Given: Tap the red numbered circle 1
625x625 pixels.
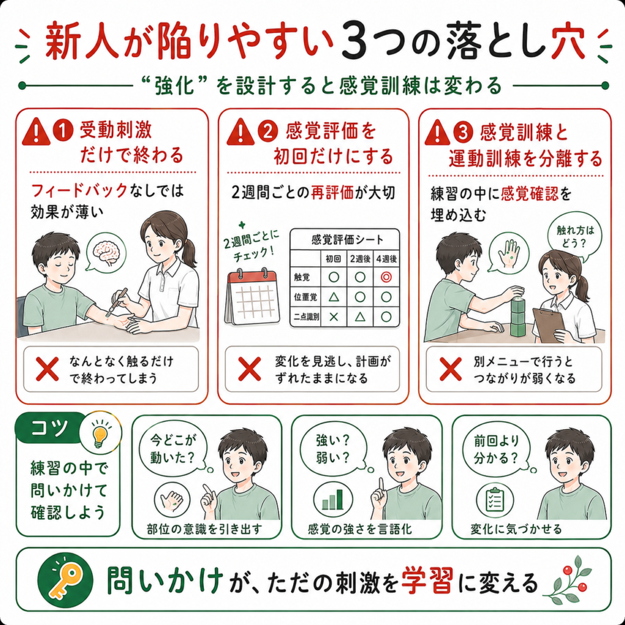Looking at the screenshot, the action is click(x=63, y=132).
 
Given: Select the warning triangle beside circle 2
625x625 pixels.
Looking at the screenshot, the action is click(x=240, y=132).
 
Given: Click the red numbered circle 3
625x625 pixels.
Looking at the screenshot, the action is click(x=463, y=132).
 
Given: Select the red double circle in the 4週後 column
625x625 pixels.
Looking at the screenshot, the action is click(x=386, y=277).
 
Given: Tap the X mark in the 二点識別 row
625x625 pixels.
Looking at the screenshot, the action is click(x=334, y=317).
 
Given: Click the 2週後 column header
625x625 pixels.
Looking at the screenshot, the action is click(x=360, y=259).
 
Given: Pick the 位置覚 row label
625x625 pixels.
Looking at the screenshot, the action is click(x=306, y=297).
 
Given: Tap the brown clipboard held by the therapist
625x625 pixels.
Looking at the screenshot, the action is click(x=549, y=325).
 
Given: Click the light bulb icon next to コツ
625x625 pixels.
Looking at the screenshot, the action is click(x=99, y=434).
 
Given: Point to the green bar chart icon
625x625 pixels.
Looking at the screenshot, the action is click(x=333, y=499).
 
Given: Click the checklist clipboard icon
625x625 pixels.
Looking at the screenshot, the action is click(x=495, y=500).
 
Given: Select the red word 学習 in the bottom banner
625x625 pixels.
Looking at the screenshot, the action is click(x=427, y=581).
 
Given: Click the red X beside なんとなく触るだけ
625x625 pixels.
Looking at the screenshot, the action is click(x=47, y=369).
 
